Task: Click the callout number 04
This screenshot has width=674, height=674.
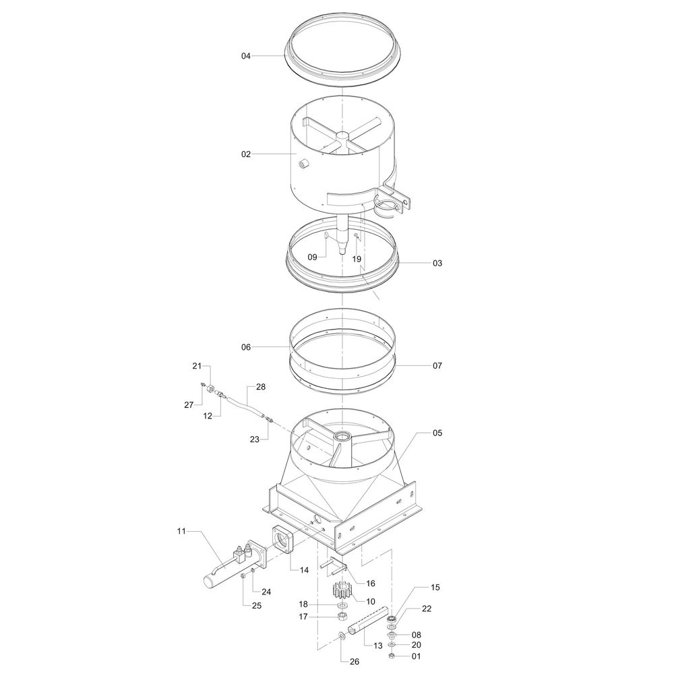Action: (245, 56)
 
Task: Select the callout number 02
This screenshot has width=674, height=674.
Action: (245, 154)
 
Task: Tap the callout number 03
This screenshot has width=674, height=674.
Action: (437, 263)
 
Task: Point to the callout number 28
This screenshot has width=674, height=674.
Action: (261, 387)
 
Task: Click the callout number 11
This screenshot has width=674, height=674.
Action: (181, 531)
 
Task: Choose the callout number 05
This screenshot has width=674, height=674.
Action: (437, 433)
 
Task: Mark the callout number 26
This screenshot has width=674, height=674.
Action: (355, 662)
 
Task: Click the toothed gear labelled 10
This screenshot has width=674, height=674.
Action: (342, 590)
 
